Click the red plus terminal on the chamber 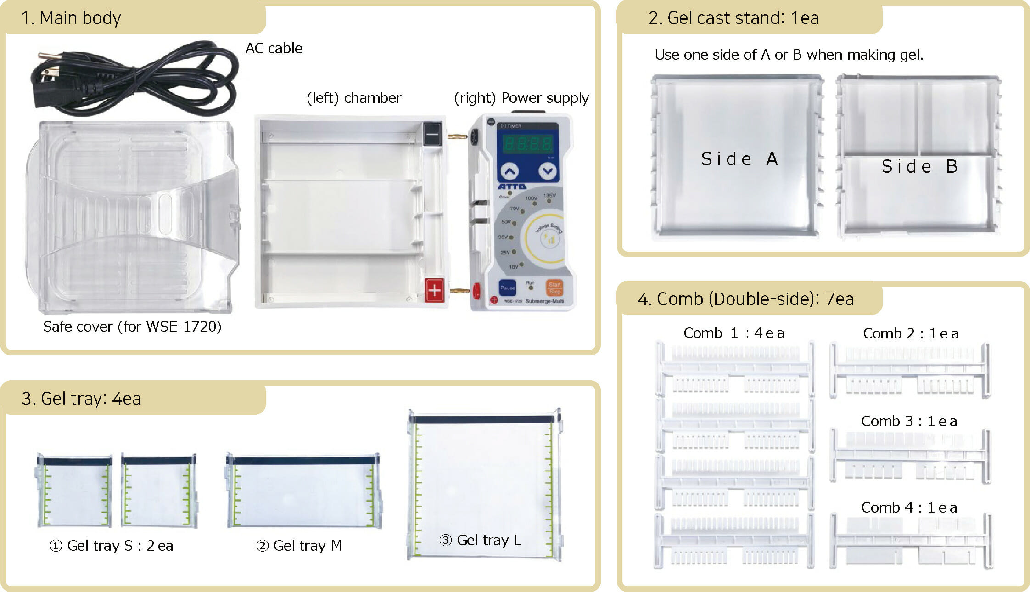pos(434,290)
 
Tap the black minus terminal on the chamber pos(432,134)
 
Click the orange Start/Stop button pos(554,288)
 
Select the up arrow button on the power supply pos(509,171)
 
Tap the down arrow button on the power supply pos(548,171)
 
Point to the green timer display pos(528,144)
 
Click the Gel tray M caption pos(299,546)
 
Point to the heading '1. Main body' pos(71,18)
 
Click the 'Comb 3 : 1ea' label pos(909,421)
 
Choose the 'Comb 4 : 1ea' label pos(909,507)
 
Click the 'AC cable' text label pos(274,48)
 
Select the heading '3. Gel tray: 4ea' pos(81,399)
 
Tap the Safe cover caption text pos(132,327)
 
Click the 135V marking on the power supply pos(549,196)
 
